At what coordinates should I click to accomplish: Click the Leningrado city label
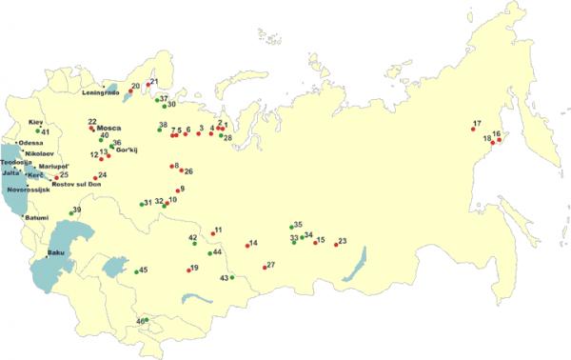click(104, 92)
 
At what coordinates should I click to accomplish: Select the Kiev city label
click(35, 123)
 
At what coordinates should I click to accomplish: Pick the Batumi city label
click(38, 217)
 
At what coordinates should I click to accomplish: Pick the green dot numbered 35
click(291, 228)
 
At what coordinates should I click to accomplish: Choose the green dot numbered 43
click(232, 278)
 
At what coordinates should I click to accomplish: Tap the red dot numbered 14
click(247, 246)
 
